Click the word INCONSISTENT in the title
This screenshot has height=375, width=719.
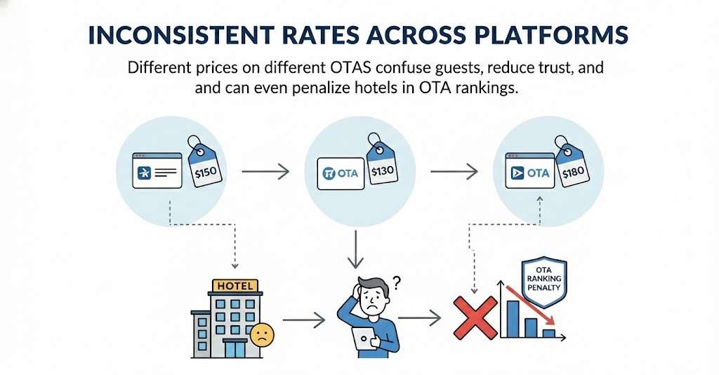(180, 35)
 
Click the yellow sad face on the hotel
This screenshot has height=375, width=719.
(262, 335)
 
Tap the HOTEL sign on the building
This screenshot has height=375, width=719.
(235, 286)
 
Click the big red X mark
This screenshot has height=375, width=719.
(475, 318)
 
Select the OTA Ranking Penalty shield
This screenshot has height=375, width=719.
(544, 281)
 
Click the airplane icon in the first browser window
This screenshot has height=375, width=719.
(144, 173)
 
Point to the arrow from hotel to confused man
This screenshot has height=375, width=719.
(303, 320)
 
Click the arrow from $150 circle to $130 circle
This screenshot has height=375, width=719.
(265, 172)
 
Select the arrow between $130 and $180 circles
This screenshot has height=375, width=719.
(454, 172)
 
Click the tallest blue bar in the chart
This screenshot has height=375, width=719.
(513, 319)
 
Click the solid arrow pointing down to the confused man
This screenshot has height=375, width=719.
(355, 249)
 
